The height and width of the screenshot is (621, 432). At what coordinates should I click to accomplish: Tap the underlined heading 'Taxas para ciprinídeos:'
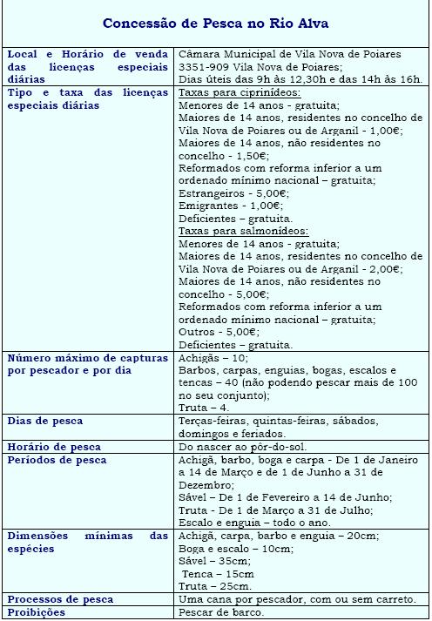tap(240, 92)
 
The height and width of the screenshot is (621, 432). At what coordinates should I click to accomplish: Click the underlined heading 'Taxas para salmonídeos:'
tap(243, 232)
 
